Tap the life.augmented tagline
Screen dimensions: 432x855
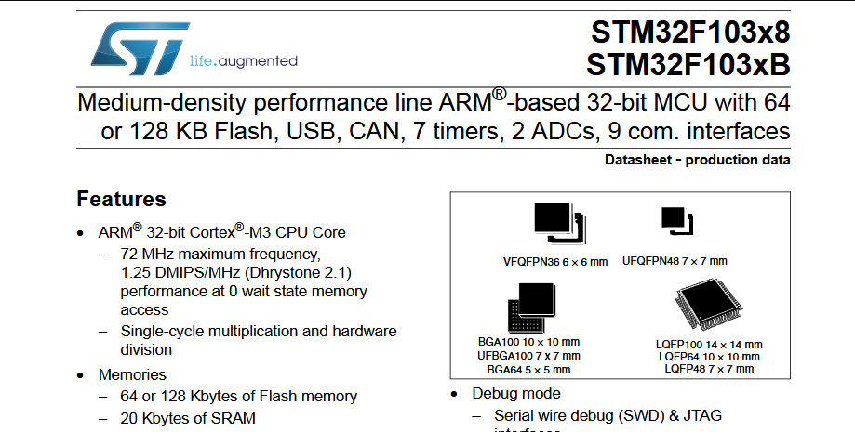[x=243, y=61]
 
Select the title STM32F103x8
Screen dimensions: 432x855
[x=689, y=33]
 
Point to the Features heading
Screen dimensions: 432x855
[x=121, y=200]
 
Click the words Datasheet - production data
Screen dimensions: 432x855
[x=697, y=160]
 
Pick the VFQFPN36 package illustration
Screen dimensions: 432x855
[x=557, y=223]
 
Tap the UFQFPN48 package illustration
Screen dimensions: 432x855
[x=675, y=220]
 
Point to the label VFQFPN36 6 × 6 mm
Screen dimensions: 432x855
[x=555, y=262]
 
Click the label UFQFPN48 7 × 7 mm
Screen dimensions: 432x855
[x=675, y=261]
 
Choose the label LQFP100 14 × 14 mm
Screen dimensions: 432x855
[x=709, y=344]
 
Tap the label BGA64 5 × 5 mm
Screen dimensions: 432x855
[x=528, y=369]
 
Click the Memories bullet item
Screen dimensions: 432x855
[x=132, y=375]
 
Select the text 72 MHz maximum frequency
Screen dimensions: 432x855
[x=220, y=254]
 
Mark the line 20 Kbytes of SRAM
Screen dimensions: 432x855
[x=188, y=419]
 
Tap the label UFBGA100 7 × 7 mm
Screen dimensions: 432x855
[x=528, y=355]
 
